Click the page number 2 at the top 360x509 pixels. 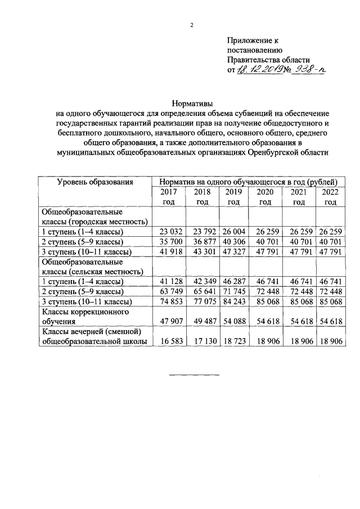[x=191, y=25]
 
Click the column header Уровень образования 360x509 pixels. [x=95, y=181]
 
